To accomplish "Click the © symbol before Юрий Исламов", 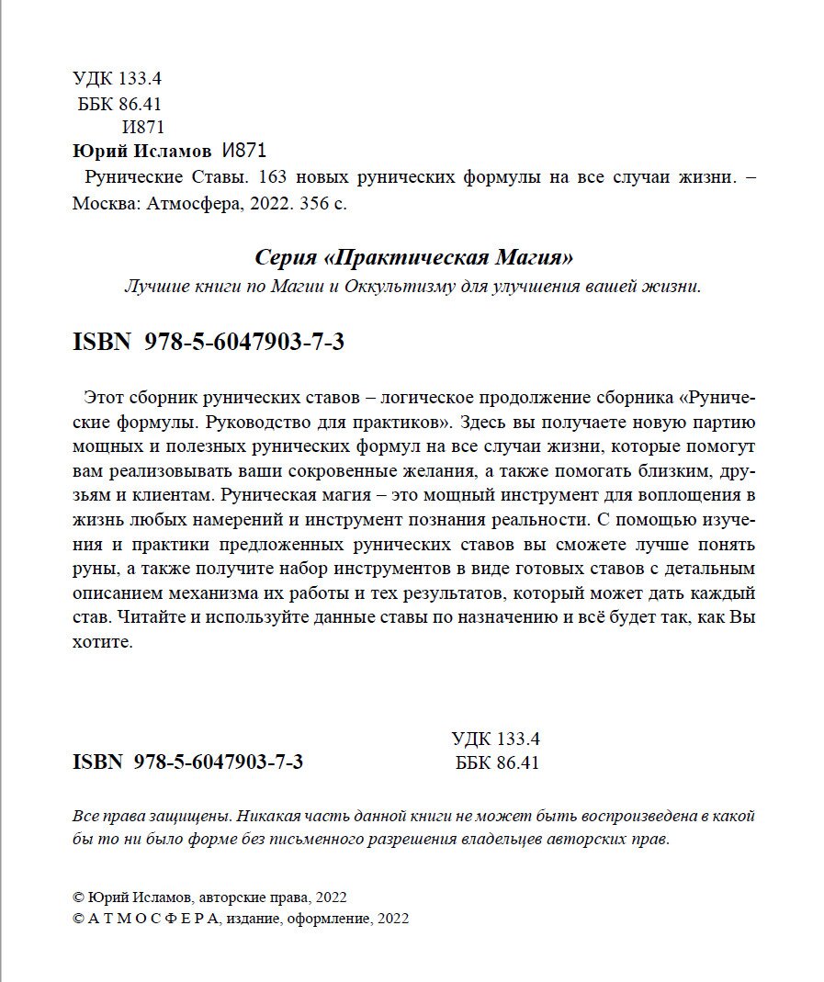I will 77,897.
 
